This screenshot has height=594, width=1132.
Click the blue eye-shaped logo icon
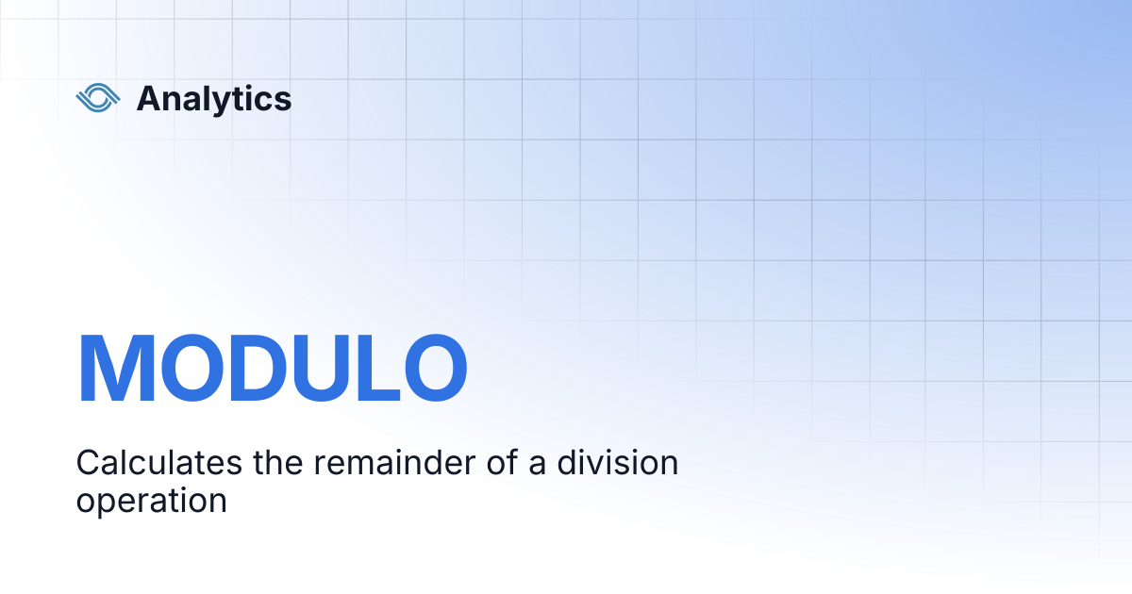98,97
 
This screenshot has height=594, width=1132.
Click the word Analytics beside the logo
214,99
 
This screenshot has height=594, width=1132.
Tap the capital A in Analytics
152,98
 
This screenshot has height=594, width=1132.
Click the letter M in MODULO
116,367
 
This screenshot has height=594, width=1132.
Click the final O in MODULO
436,367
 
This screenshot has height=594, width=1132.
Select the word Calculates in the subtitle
159,462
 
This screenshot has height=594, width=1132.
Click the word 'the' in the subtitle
278,462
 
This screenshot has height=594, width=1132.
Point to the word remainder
394,462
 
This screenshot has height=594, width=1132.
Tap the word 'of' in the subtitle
502,462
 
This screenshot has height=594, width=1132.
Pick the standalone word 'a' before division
537,466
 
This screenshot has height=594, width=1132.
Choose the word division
618,462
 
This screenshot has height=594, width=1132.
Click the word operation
152,502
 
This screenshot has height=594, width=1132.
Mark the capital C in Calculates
88,462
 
